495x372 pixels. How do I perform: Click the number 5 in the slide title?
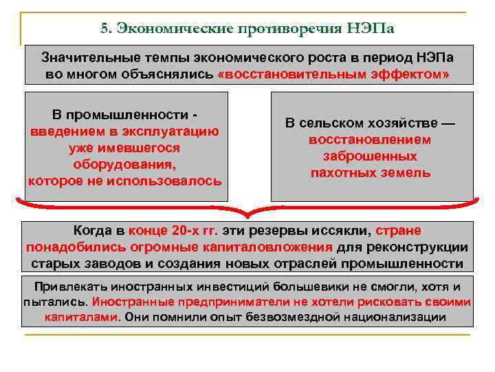coord(104,29)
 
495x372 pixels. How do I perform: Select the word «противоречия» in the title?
coord(287,29)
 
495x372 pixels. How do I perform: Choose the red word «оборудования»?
coord(124,165)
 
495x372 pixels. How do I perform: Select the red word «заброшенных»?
coord(371,156)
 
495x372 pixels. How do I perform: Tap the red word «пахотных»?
coord(342,172)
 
